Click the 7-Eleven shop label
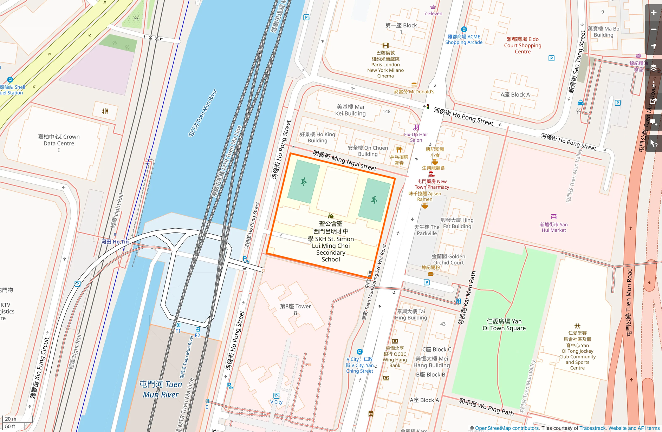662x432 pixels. click(x=433, y=13)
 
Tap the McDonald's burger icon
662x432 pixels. click(x=414, y=85)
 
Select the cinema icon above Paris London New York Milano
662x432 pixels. click(x=385, y=45)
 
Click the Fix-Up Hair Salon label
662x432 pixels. click(x=416, y=137)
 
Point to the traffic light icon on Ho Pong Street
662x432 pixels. click(x=427, y=106)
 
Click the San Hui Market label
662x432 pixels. click(x=554, y=227)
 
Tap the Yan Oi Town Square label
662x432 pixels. click(x=504, y=325)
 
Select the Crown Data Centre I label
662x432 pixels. click(x=59, y=140)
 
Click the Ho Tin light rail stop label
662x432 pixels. click(x=115, y=242)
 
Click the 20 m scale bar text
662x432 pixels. click(x=11, y=419)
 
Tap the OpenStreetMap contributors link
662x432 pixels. click(x=507, y=428)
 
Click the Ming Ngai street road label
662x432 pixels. click(x=345, y=161)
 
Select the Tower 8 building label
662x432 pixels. click(x=295, y=309)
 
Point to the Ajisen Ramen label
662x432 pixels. click(x=424, y=196)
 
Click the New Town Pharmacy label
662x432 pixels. click(x=432, y=184)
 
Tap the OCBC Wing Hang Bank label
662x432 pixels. click(x=395, y=356)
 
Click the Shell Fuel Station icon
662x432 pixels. click(x=10, y=80)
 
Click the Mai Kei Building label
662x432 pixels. click(x=350, y=110)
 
